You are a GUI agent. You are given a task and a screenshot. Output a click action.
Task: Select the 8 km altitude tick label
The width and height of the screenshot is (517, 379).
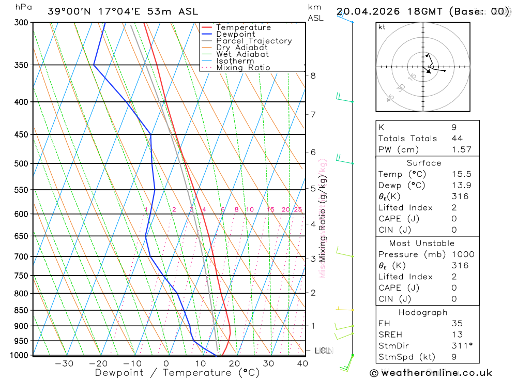tap(313, 75)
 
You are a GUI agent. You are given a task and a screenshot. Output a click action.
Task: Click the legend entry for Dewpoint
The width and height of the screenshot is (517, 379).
tap(235, 35)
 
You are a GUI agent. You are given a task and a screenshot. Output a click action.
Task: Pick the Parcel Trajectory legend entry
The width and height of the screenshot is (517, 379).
tap(254, 41)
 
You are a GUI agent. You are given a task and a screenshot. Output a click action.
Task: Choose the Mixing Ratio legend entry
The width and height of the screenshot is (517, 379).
tap(243, 68)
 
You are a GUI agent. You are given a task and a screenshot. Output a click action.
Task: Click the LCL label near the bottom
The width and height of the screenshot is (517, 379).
tap(322, 351)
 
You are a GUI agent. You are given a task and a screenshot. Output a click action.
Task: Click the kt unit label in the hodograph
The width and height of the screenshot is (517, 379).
tap(382, 27)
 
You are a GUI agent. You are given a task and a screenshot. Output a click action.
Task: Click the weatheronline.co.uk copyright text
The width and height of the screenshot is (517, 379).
tap(431, 373)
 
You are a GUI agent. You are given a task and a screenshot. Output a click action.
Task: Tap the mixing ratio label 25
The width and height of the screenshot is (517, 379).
tap(298, 209)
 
